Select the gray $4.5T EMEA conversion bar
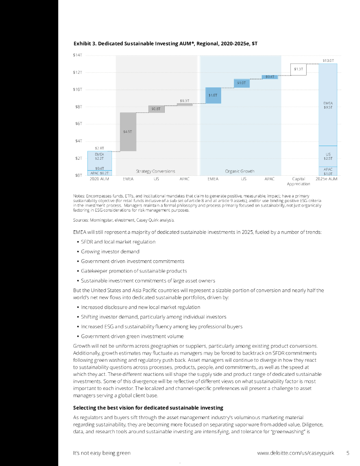(128, 132)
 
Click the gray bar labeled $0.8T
(156, 109)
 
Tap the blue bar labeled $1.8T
(213, 96)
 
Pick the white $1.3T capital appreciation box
(299, 69)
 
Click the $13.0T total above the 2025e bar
(328, 60)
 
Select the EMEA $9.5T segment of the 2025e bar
(328, 105)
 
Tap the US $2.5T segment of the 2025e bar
(328, 156)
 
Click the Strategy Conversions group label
(155, 171)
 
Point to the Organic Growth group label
(239, 171)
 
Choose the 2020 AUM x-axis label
(99, 179)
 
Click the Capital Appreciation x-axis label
(299, 182)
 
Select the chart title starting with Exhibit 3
(166, 43)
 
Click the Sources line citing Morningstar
(123, 220)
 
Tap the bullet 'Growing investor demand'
(110, 252)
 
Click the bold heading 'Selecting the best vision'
(148, 407)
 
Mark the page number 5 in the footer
(348, 453)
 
